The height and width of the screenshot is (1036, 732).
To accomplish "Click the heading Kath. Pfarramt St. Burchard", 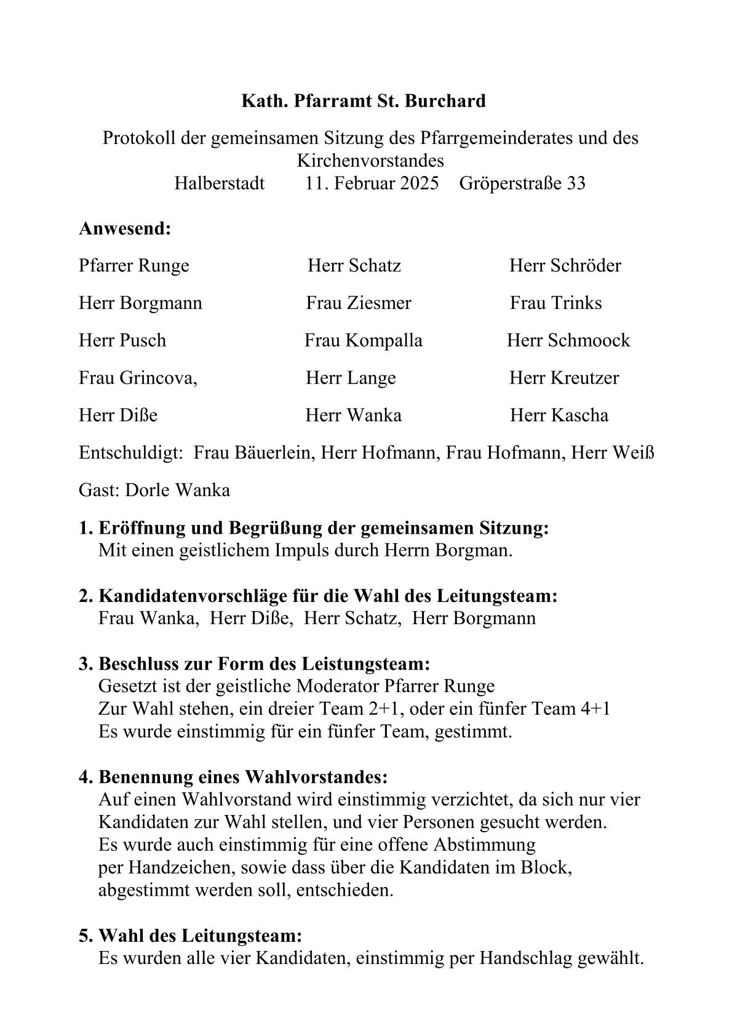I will click(x=363, y=100).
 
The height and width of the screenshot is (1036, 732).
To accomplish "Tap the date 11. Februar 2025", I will click(x=372, y=183).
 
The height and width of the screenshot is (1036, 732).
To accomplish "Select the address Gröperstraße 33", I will click(x=522, y=183).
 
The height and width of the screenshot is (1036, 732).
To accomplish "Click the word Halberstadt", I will click(x=220, y=183).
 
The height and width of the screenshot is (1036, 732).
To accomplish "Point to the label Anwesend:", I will click(x=125, y=229).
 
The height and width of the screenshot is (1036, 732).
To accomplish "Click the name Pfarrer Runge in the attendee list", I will click(x=134, y=265).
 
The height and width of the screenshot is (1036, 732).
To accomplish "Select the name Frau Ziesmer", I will click(x=359, y=303).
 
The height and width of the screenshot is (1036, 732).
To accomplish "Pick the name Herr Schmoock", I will click(x=568, y=340).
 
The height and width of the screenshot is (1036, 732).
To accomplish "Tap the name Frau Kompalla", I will click(x=364, y=340).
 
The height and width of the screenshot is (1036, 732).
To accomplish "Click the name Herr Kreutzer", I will click(x=564, y=378).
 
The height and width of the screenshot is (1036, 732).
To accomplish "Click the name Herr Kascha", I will click(x=559, y=416).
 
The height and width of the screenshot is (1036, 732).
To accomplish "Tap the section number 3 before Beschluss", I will click(x=84, y=664).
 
